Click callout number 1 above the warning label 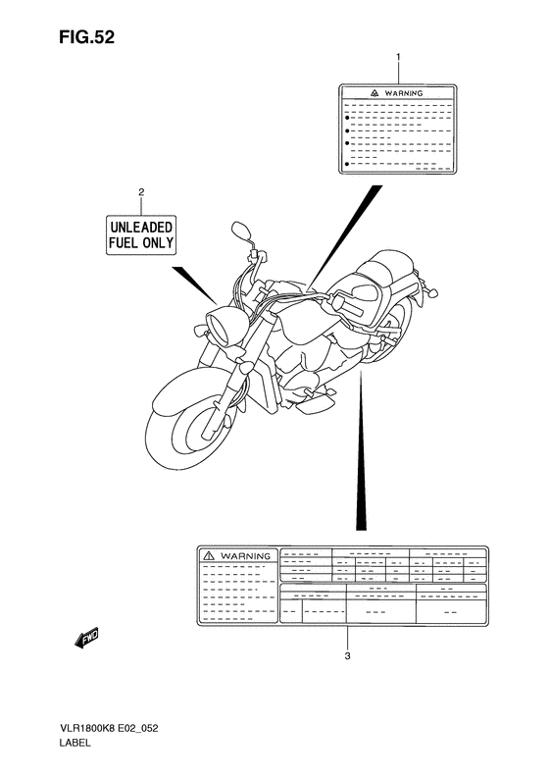(x=398, y=58)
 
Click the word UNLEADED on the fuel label (x=140, y=226)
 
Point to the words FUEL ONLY (x=140, y=242)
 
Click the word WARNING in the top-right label (x=404, y=93)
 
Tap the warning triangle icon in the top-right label (x=374, y=93)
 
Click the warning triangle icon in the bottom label (x=209, y=555)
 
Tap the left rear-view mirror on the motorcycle (x=239, y=232)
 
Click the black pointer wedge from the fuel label (x=197, y=285)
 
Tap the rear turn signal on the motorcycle (x=430, y=291)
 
